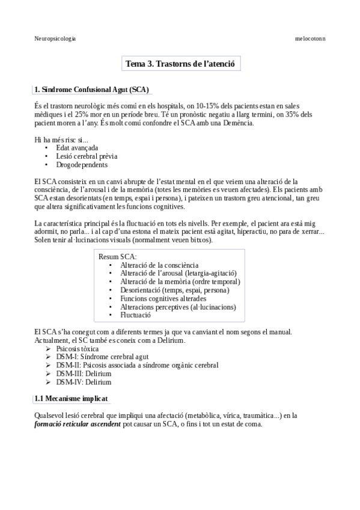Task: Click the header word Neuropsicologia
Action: pos(55,38)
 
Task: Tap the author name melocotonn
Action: pos(310,38)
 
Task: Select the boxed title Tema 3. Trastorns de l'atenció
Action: pos(183,63)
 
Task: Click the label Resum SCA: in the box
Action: pos(117,256)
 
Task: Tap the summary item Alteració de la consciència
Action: pos(159,265)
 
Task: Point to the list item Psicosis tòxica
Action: pos(78,348)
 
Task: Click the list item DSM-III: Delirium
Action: pos(84,373)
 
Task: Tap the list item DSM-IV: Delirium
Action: pos(84,381)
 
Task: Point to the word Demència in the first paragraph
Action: pos(239,123)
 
